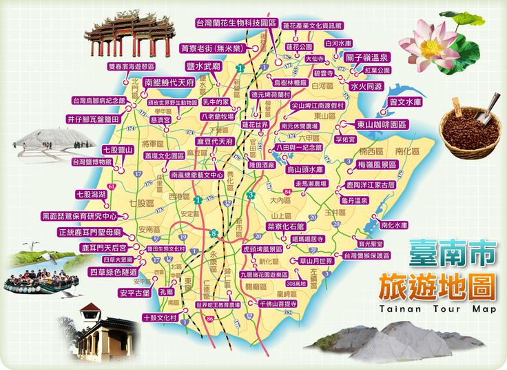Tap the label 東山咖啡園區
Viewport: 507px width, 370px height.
(x=381, y=125)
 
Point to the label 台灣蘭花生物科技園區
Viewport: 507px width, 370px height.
(x=236, y=23)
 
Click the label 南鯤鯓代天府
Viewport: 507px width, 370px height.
(x=169, y=82)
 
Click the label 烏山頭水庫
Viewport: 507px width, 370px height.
(x=304, y=169)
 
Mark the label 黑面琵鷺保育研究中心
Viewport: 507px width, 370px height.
(x=80, y=216)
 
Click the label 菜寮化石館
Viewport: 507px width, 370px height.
(x=285, y=226)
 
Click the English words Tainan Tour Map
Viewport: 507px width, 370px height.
(x=437, y=309)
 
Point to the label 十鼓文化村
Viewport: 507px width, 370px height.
(x=159, y=318)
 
